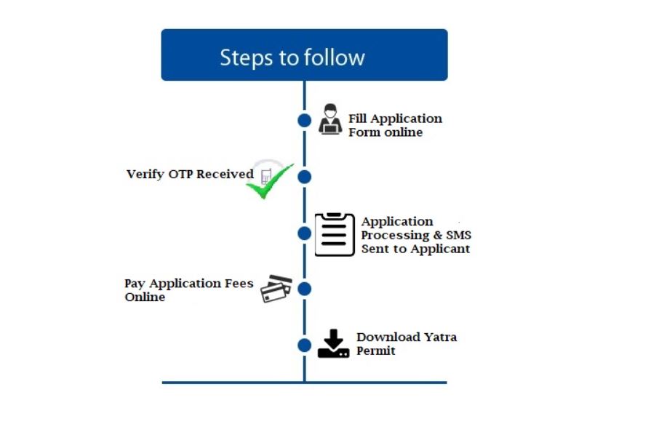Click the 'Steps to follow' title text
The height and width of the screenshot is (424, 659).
tap(292, 57)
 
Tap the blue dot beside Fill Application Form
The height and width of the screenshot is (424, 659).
tap(304, 120)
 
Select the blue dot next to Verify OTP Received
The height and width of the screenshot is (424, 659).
tap(304, 177)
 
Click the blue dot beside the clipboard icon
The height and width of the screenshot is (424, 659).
tap(304, 233)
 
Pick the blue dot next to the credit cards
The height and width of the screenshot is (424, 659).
tap(304, 289)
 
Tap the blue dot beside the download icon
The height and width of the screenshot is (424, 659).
tap(304, 345)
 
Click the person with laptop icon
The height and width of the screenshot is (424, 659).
tap(330, 119)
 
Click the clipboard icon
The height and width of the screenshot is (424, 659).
tap(335, 234)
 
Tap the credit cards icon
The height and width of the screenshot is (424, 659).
tap(276, 289)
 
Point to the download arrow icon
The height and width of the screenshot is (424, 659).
tap(333, 344)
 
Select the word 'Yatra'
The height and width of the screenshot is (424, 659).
tap(440, 337)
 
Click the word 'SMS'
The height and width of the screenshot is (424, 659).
tap(458, 235)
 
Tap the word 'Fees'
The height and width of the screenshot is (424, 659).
tap(239, 283)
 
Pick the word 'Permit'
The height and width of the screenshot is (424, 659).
tap(376, 351)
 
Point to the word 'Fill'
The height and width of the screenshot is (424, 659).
tap(357, 119)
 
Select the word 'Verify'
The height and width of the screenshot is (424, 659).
tap(145, 175)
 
